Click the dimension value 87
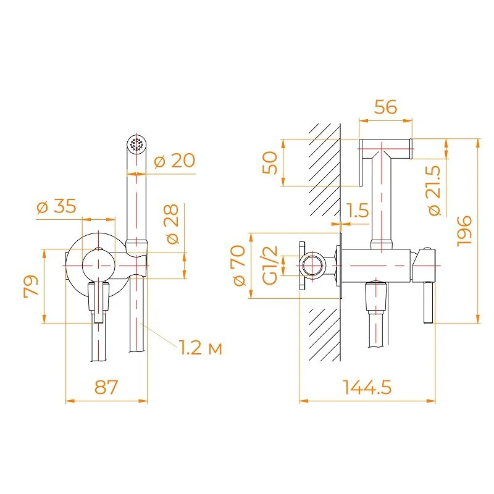tap(106, 387)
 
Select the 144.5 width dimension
tap(367, 387)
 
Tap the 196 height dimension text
tap(464, 231)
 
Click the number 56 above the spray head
tap(386, 107)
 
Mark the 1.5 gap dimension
tap(358, 211)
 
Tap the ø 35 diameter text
tap(57, 207)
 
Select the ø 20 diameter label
tap(174, 161)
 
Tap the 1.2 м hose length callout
tap(201, 348)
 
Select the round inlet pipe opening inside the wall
tap(313, 267)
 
